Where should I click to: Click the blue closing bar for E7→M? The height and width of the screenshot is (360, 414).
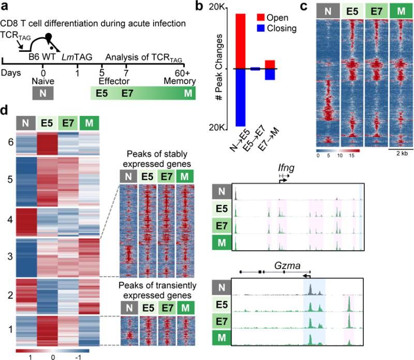click(x=270, y=75)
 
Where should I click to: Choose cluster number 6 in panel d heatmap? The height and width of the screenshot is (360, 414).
click(x=6, y=140)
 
